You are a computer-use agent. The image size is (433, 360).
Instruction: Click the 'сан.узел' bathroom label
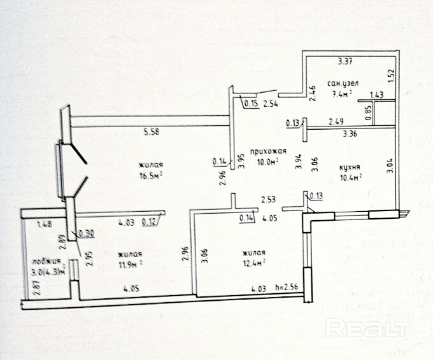344,83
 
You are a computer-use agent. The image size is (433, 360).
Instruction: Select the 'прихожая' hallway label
267,151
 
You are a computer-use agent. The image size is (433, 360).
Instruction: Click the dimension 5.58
151,132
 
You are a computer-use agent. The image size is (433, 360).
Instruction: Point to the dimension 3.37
344,62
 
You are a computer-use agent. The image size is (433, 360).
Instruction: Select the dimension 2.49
336,121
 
